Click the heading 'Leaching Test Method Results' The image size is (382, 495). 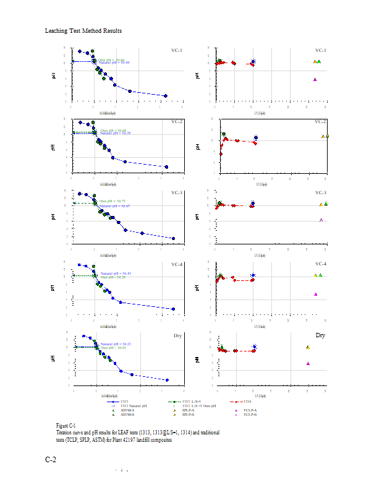pos(83,31)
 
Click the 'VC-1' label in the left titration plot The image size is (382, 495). pos(176,50)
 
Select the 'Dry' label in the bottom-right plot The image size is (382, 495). pos(320,335)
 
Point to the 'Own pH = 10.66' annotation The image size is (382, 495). pos(112,60)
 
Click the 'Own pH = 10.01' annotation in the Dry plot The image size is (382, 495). pos(114,348)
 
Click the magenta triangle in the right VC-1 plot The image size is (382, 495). pos(315,80)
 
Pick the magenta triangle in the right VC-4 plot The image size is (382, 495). pos(315,294)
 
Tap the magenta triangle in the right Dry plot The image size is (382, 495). pos(308,364)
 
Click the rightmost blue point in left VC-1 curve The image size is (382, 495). pos(165,96)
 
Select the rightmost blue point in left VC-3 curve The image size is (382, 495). pos(173,238)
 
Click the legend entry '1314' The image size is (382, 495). pos(247,402)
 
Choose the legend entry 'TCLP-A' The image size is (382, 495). pos(250,410)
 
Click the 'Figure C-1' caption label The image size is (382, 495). pos(66,426)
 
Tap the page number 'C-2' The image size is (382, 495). pos(52,459)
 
